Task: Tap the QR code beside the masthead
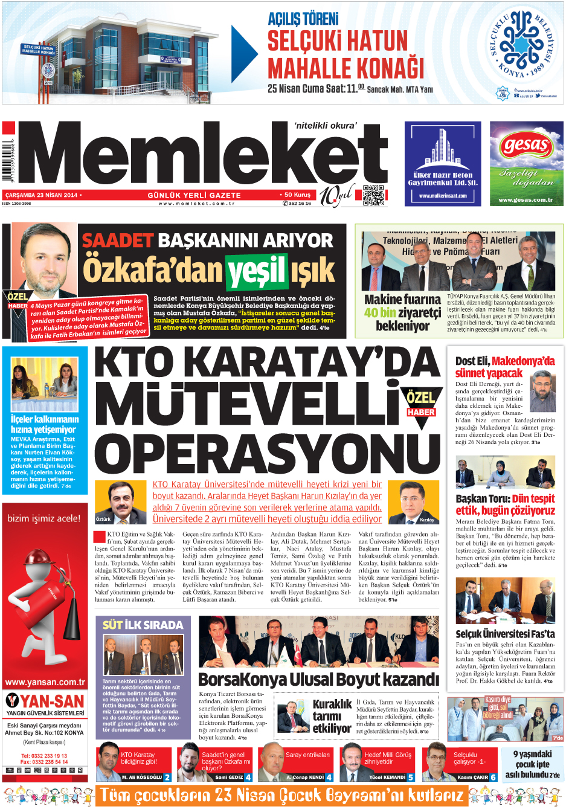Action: point(373,195)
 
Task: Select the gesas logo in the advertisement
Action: point(526,145)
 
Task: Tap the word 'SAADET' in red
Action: point(117,240)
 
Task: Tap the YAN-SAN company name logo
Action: point(45,701)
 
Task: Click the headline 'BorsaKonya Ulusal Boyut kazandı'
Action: point(318,680)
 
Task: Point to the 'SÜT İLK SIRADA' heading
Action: point(143,625)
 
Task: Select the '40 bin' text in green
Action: point(379,312)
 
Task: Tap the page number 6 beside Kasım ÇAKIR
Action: point(493,777)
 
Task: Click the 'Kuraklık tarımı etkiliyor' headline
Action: point(332,717)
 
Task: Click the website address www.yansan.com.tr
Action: point(45,682)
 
